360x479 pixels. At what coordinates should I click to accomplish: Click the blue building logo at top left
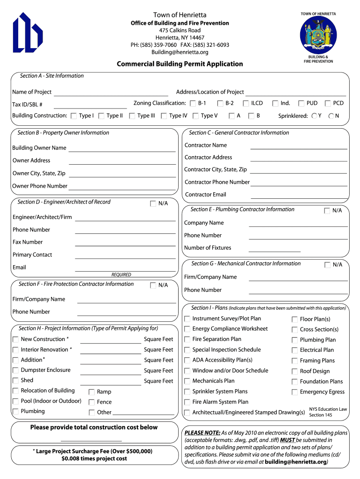click(28, 33)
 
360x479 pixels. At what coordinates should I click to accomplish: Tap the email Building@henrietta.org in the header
click(180, 52)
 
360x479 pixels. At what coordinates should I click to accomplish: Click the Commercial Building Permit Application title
click(180, 64)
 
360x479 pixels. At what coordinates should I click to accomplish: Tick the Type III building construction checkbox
click(132, 116)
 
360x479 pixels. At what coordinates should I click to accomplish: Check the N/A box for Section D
click(153, 203)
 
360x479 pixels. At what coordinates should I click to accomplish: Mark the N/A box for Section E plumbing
click(327, 211)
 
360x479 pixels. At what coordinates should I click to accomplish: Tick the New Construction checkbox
click(16, 339)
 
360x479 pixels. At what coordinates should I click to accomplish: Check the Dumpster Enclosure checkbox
click(16, 370)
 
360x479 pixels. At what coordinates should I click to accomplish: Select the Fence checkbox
click(92, 402)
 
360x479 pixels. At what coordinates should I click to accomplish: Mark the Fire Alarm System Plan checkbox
click(187, 402)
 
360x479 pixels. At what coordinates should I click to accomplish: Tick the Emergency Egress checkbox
click(295, 392)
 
